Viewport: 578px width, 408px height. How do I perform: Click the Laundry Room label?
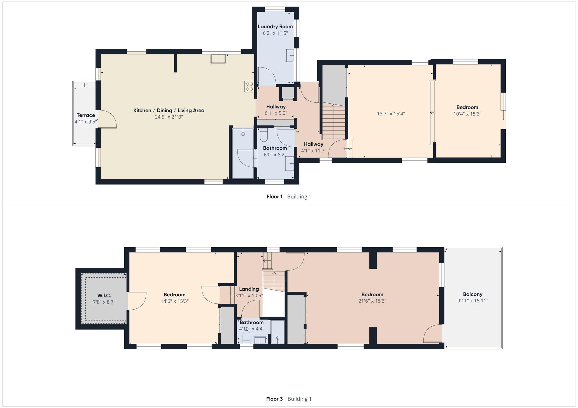[x=275, y=27]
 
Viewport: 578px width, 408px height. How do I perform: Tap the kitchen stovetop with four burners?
[x=249, y=86]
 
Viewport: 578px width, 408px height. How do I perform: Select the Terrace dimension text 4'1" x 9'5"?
[x=85, y=122]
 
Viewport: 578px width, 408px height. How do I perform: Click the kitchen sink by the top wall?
[x=218, y=59]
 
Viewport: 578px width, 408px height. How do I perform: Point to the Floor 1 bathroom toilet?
[x=264, y=135]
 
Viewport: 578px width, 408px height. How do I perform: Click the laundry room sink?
[x=290, y=55]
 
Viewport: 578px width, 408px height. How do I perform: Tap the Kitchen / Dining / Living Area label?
[x=169, y=111]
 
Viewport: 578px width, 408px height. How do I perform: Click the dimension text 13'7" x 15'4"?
[x=391, y=114]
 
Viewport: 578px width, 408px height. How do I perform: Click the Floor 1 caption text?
[x=274, y=196]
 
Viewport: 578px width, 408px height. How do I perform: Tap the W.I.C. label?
[x=104, y=296]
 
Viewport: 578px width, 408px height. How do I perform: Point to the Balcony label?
[x=473, y=294]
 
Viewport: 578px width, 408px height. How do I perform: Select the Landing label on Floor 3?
[x=249, y=289]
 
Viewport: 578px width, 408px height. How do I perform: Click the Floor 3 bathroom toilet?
[x=247, y=337]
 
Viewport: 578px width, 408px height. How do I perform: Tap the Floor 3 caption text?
[x=274, y=399]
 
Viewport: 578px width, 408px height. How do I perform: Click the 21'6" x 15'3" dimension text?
[x=372, y=301]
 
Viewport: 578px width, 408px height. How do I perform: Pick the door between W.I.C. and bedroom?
[x=137, y=301]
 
